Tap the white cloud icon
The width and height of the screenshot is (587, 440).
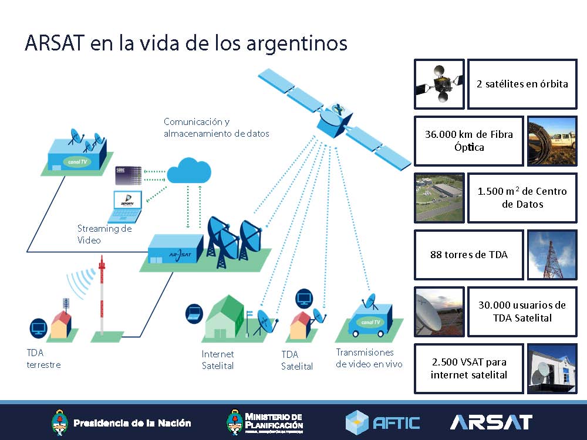188,171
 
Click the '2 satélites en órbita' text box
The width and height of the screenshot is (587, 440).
522,84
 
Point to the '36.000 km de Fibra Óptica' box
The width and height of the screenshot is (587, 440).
468,141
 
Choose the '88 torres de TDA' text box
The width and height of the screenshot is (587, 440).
468,255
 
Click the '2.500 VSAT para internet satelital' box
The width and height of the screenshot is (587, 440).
468,369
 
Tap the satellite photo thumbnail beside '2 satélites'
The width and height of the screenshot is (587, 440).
439,84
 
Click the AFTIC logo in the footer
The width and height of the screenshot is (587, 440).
383,422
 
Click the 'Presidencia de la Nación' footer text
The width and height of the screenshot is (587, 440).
131,422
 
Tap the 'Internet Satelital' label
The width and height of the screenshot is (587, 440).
218,360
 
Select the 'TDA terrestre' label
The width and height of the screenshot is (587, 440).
43,358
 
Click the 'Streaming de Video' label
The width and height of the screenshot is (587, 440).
104,234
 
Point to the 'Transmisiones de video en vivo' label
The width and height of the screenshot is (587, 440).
369,358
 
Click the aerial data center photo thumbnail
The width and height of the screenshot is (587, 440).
439,198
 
